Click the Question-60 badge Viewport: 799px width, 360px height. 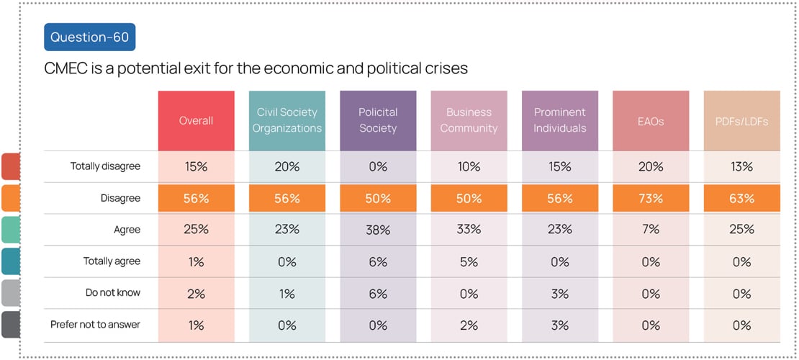90,37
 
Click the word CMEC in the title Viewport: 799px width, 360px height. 66,68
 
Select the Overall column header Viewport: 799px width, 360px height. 196,121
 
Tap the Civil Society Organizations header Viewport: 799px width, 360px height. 287,120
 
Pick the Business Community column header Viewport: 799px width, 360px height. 469,120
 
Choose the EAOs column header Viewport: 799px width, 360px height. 651,121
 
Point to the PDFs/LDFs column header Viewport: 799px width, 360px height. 741,121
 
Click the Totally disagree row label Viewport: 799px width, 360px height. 105,166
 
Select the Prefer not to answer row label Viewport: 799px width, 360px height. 95,325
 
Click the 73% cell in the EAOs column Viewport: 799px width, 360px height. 651,198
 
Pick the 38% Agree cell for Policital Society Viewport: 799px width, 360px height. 378,230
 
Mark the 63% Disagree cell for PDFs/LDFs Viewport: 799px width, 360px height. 741,198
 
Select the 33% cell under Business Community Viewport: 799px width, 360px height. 469,230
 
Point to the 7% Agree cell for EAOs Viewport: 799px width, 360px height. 651,230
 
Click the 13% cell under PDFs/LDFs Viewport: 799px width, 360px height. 741,166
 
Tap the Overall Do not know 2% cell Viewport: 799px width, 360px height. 196,293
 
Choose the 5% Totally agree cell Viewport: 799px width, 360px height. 469,261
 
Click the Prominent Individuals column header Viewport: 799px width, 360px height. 560,120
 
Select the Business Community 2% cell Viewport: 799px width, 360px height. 469,325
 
